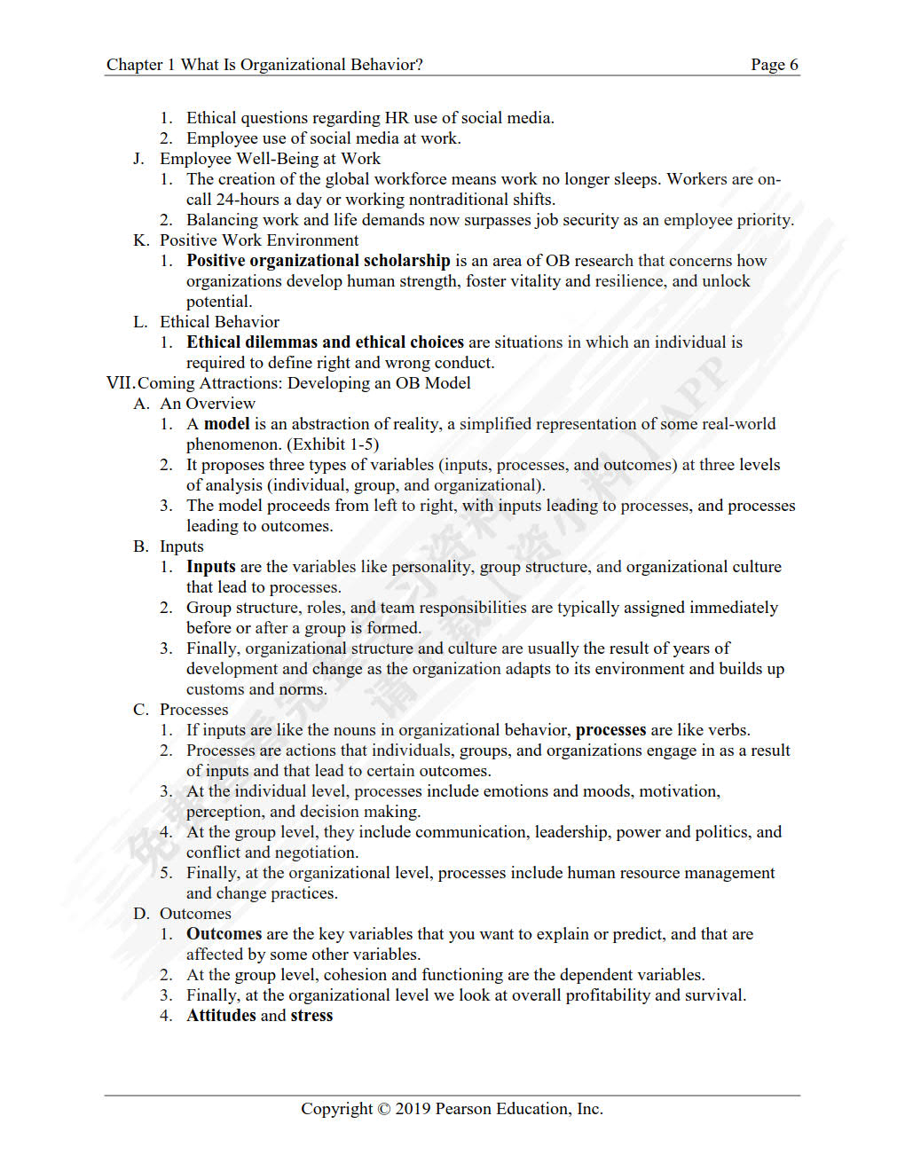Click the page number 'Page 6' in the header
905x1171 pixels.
click(774, 65)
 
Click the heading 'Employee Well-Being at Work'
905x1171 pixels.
click(270, 159)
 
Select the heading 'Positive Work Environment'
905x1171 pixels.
click(259, 240)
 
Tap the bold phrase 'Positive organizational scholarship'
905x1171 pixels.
click(318, 261)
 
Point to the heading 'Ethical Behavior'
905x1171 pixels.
click(219, 322)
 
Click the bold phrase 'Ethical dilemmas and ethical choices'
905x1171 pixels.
click(325, 342)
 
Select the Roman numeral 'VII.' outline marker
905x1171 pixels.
click(120, 383)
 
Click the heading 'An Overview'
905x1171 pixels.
click(207, 404)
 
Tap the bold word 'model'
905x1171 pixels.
click(226, 424)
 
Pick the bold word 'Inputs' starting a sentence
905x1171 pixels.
click(210, 567)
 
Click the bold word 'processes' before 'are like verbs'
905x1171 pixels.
click(610, 730)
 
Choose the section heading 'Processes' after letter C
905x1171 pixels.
click(193, 710)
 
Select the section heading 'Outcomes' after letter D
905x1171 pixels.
click(195, 914)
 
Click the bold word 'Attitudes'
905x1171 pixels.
click(221, 1016)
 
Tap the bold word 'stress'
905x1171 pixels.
click(311, 1016)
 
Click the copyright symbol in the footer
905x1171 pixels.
click(383, 1109)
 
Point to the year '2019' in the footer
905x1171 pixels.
click(413, 1109)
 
